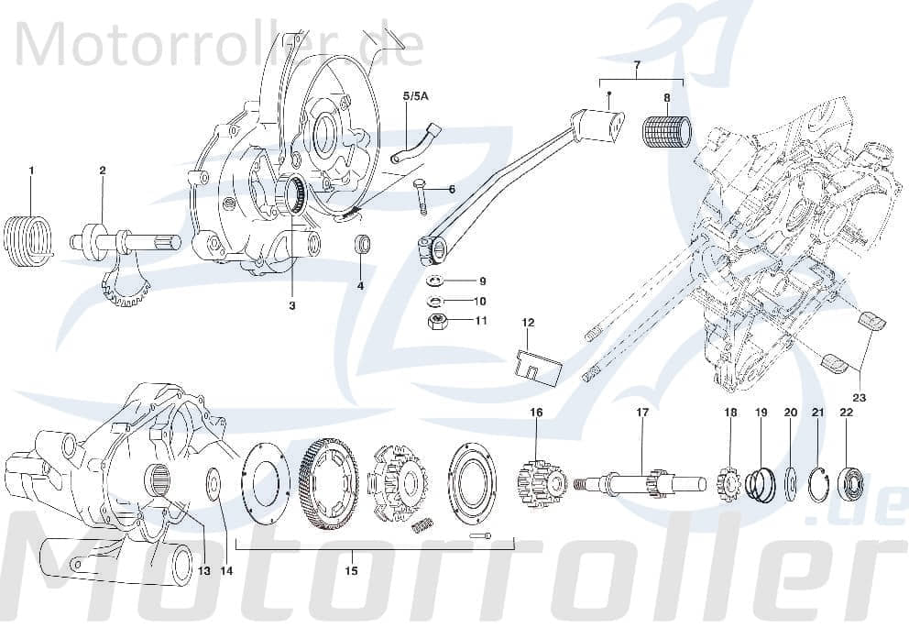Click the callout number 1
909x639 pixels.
tap(30, 171)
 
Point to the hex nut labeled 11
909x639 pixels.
tap(438, 321)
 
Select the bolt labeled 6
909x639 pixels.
tap(422, 195)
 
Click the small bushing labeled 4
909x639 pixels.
tap(364, 247)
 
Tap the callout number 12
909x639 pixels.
tap(528, 323)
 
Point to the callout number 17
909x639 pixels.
tap(642, 413)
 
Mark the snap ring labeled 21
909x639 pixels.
tap(819, 483)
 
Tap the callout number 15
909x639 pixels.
tap(351, 570)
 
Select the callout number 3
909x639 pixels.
tap(292, 305)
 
